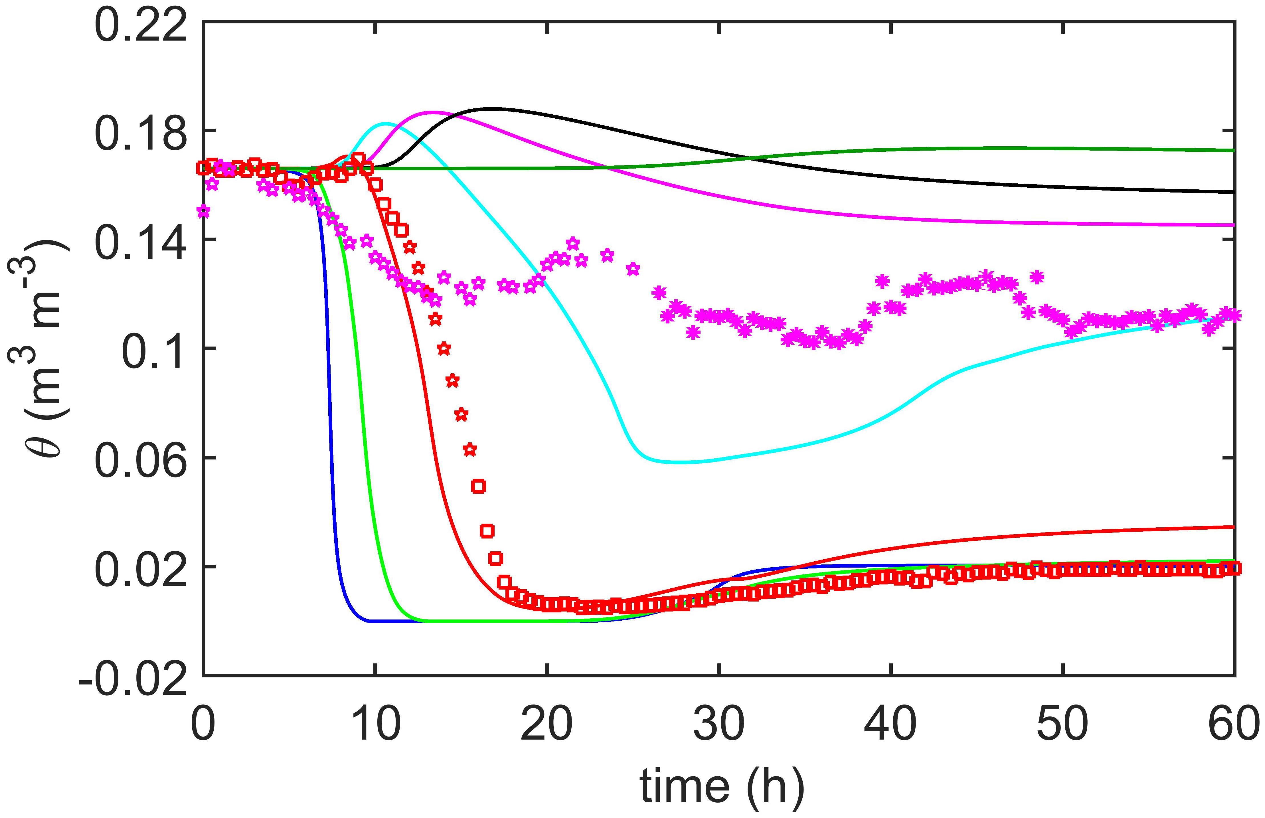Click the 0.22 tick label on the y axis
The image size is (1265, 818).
pyautogui.click(x=141, y=25)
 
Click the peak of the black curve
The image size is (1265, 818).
pyautogui.click(x=491, y=108)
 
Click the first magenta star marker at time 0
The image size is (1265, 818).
pyautogui.click(x=203, y=211)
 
